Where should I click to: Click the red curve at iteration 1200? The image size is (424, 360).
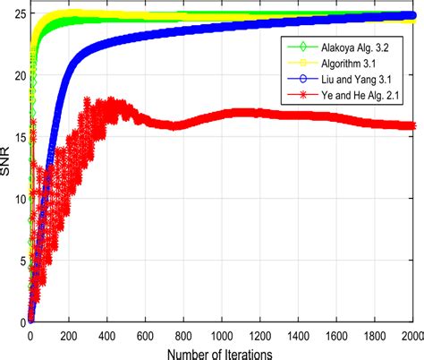(x=261, y=114)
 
